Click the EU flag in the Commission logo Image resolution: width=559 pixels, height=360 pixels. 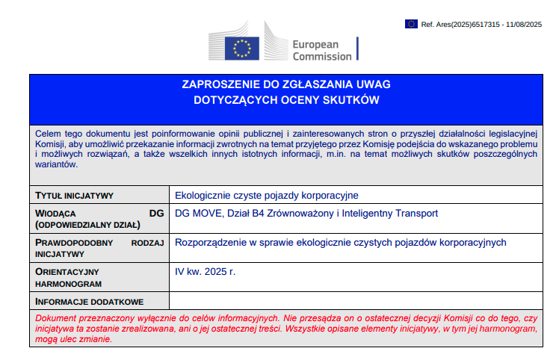[x=241, y=47]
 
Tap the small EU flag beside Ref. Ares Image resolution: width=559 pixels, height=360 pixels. [x=412, y=24]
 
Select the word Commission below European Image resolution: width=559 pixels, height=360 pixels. [x=321, y=56]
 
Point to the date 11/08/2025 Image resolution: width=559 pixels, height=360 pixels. [x=523, y=24]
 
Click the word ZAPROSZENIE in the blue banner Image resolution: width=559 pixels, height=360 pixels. [x=220, y=84]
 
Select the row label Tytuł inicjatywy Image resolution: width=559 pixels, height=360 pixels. [x=74, y=196]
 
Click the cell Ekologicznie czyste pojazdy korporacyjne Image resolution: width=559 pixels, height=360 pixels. [x=267, y=196]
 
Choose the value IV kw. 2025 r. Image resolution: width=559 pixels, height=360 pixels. [x=205, y=271]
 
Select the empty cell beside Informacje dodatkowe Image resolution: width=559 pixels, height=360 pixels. [x=356, y=302]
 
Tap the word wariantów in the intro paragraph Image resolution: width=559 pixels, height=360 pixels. [x=56, y=164]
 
